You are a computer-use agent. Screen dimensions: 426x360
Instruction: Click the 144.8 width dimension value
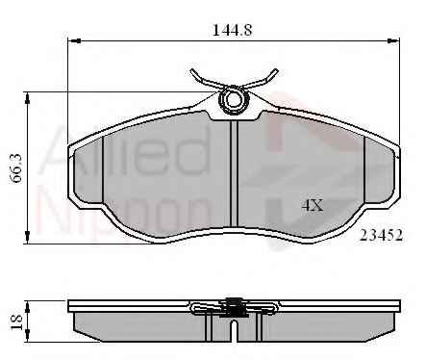coord(232,30)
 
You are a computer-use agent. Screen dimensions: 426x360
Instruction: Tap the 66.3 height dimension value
coord(16,167)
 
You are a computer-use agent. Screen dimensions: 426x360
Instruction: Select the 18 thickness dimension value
coord(16,321)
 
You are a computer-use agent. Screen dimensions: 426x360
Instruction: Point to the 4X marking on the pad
coord(312,205)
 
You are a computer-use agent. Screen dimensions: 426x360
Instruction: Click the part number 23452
coord(381,235)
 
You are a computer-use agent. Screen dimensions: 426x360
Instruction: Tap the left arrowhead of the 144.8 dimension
coord(74,41)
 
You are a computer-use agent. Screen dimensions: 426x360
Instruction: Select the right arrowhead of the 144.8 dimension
coord(393,41)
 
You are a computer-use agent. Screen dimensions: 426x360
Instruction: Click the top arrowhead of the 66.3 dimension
coord(28,98)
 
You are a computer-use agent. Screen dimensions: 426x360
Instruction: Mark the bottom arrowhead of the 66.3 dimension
coord(28,238)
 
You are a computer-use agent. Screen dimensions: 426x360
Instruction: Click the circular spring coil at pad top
coord(234,99)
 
